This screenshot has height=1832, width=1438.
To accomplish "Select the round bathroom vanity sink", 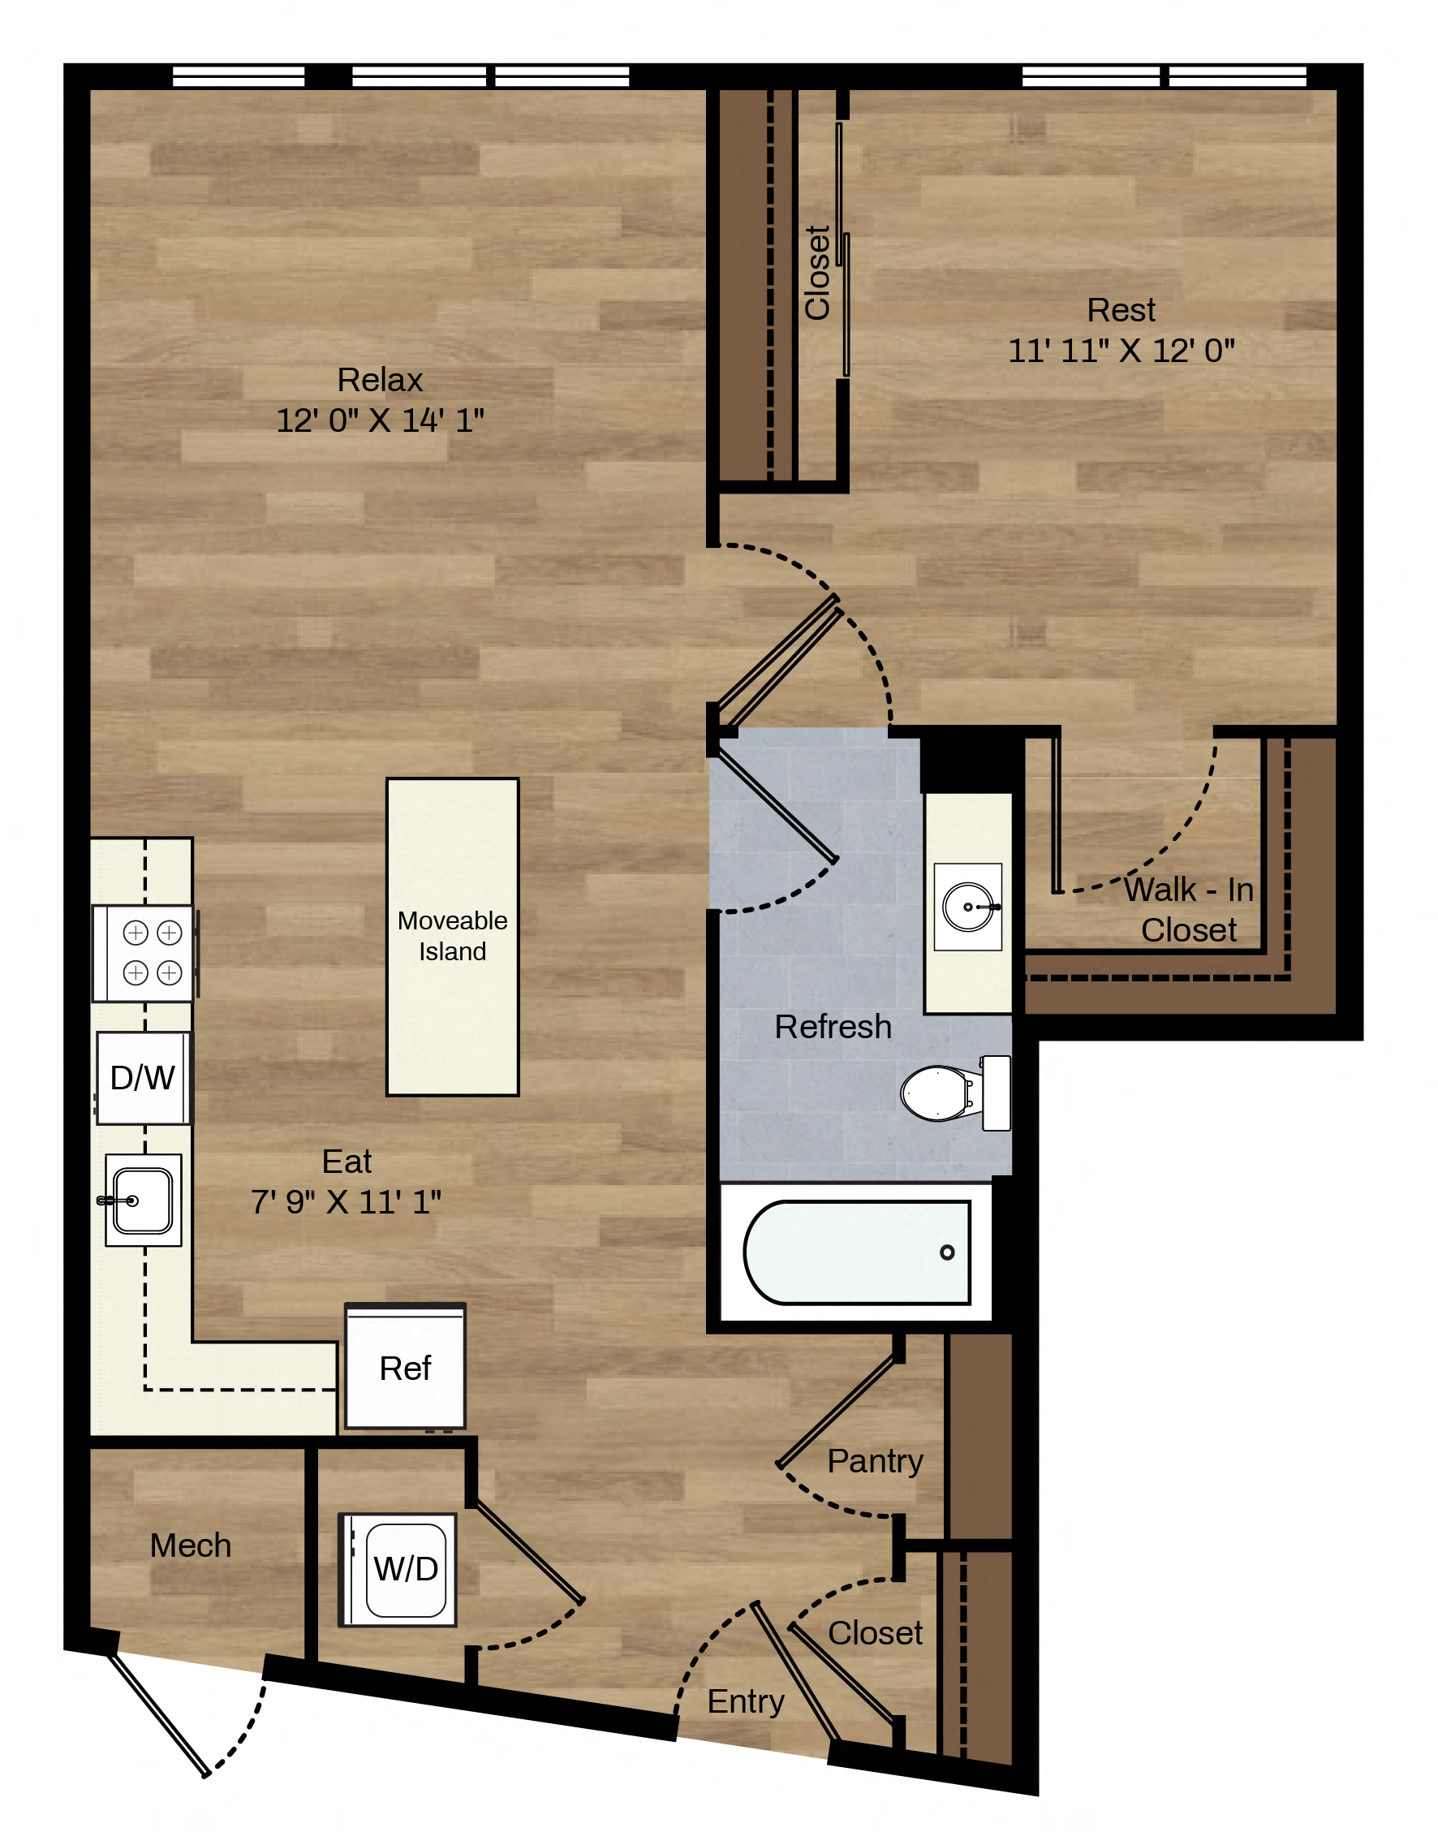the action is point(968,907).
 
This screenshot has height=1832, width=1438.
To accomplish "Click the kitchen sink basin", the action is point(143,1200).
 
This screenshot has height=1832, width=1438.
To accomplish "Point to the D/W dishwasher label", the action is point(142,1078).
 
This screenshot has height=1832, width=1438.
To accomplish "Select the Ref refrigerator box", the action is point(405,1367).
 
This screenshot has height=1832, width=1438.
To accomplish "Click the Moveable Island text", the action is point(452,935).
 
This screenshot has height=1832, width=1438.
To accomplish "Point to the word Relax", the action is point(380,380).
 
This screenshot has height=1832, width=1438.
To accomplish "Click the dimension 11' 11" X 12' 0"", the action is point(1122,350).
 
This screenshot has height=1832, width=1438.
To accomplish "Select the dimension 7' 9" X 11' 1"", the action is point(346,1201).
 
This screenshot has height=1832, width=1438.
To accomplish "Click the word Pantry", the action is point(875,1462).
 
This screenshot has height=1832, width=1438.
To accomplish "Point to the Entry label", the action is point(745,1701).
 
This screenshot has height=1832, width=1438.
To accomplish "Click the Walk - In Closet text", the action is point(1189,909).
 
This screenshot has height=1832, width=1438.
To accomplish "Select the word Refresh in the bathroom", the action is point(833,1026).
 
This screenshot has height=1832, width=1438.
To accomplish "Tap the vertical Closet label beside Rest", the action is point(817,272).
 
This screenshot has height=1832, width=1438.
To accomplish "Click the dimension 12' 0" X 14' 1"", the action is point(380,420).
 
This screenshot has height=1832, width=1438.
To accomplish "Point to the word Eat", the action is point(346,1161).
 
